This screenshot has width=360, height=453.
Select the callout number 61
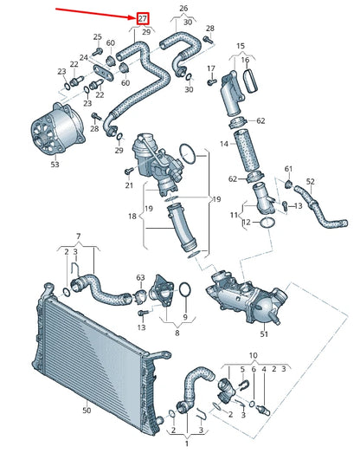pos(289,168)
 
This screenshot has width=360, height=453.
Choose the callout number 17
pos(211,68)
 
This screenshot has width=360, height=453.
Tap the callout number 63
pos(140,278)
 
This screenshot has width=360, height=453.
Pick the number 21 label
pos(129,185)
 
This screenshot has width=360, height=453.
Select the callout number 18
pos(132,216)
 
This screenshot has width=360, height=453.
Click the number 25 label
pos(97,37)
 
